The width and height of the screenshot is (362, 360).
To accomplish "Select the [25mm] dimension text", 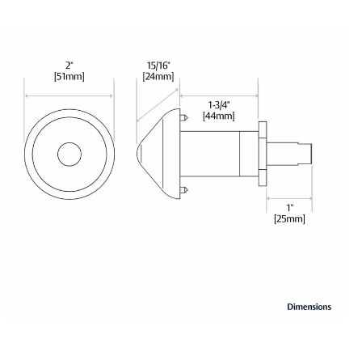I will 290,218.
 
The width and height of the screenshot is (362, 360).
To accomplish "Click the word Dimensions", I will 309,307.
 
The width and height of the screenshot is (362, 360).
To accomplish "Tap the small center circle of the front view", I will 69,154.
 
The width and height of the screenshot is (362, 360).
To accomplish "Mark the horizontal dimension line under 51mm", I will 69,95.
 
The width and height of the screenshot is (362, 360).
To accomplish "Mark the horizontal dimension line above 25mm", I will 288,197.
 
